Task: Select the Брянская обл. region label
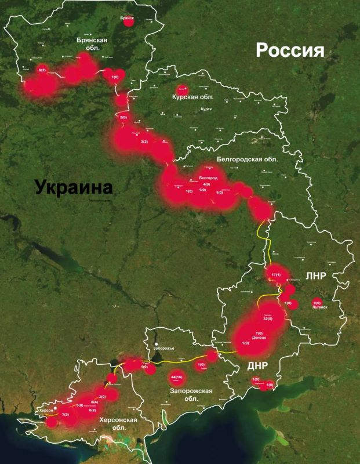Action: click(x=92, y=44)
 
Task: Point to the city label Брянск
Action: click(x=127, y=19)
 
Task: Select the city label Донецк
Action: click(x=259, y=338)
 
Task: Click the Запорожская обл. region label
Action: click(x=191, y=394)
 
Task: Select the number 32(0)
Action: click(x=268, y=319)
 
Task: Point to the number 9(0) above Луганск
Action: click(x=317, y=303)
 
